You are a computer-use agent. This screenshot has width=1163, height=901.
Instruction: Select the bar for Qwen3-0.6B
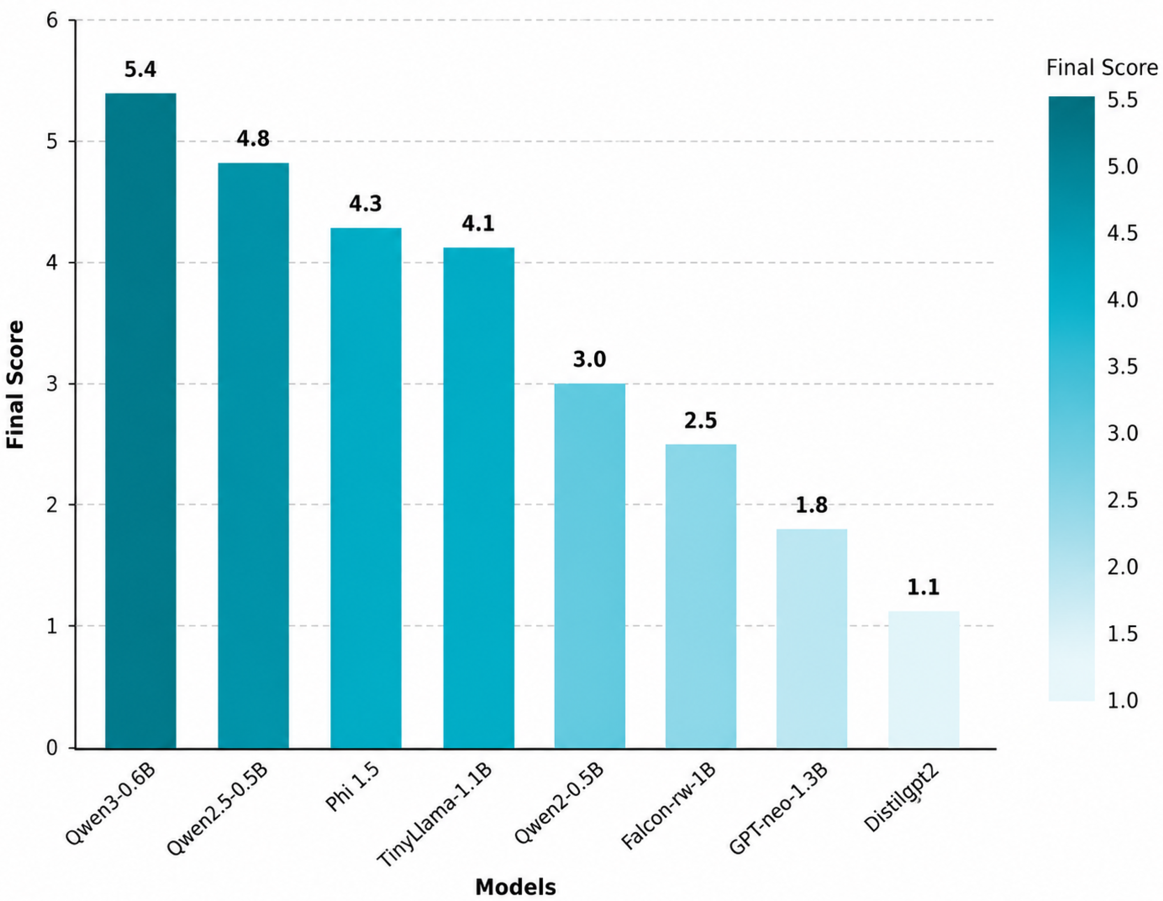click(x=141, y=420)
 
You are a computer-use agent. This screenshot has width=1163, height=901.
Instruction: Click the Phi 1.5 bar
click(x=366, y=488)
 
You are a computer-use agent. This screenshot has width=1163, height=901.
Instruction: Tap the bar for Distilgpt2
click(x=924, y=680)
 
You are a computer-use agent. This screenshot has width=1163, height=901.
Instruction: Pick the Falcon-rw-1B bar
click(x=701, y=596)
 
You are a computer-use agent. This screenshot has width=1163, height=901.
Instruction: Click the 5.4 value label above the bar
click(x=141, y=70)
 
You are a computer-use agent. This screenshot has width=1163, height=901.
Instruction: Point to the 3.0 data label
click(x=590, y=360)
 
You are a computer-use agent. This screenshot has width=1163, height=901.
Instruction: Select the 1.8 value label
click(x=812, y=506)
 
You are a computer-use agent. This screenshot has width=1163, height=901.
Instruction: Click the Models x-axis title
click(x=515, y=887)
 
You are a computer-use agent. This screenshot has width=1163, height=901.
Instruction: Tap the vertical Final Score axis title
click(x=15, y=384)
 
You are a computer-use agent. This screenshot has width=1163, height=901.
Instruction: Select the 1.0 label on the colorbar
click(x=1123, y=700)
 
